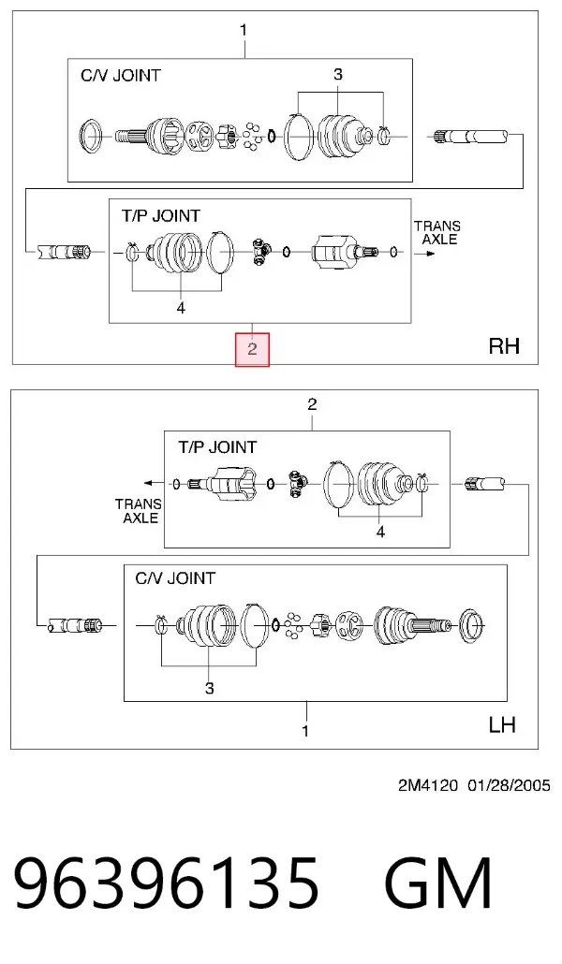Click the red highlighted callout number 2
coord(252,349)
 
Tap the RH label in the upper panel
coord(504,346)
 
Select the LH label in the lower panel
coord(502,724)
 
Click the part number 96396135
coord(166,884)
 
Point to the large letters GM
coord(438,884)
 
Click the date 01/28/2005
coord(509,785)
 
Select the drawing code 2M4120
coord(428,785)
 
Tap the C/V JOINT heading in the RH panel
coord(121,76)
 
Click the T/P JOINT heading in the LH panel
coord(217,447)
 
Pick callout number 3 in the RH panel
coord(338,74)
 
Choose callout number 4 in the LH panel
coord(380,532)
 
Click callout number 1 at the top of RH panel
coord(244,30)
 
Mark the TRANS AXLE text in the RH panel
coord(437,232)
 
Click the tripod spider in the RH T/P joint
coord(261,251)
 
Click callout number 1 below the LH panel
coord(305,731)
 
